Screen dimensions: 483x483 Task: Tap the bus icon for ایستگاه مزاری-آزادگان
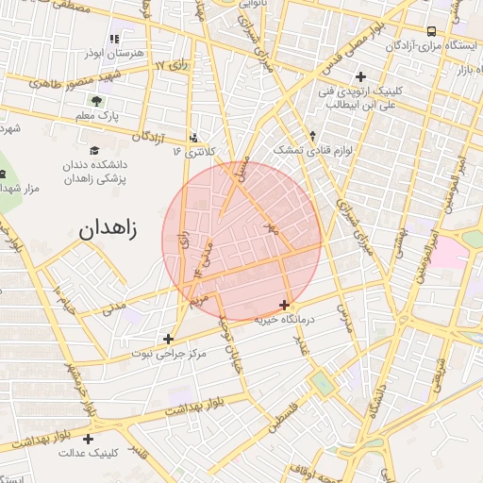coord(431,30)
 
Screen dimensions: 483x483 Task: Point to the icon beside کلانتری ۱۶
coord(193,137)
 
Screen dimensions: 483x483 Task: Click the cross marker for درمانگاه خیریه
coord(285,304)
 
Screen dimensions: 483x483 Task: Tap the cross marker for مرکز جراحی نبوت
coord(168,338)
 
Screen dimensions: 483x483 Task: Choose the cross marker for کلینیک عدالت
coord(89,439)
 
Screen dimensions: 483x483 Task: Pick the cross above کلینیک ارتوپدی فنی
coord(359,76)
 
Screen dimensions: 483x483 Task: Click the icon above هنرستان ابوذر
coord(113,39)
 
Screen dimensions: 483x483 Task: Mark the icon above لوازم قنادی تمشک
coord(312,135)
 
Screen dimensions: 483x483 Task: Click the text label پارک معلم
coord(95,116)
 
